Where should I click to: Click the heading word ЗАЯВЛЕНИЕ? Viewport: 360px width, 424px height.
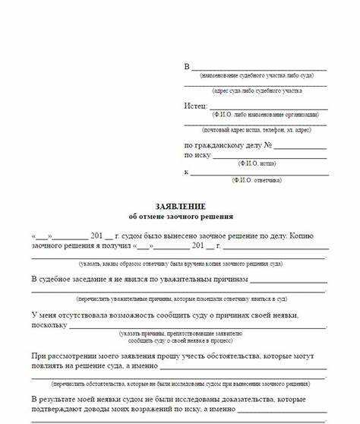[180, 207]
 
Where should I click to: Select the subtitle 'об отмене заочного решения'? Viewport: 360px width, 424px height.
[180, 216]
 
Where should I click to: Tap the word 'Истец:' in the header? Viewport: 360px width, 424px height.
[195, 106]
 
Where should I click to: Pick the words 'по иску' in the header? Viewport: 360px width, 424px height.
[196, 155]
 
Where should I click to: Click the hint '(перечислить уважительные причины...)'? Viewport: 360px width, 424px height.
[180, 299]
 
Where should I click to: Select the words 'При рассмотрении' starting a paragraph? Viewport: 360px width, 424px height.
[64, 356]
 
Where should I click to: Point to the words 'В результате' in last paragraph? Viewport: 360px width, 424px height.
[58, 399]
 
